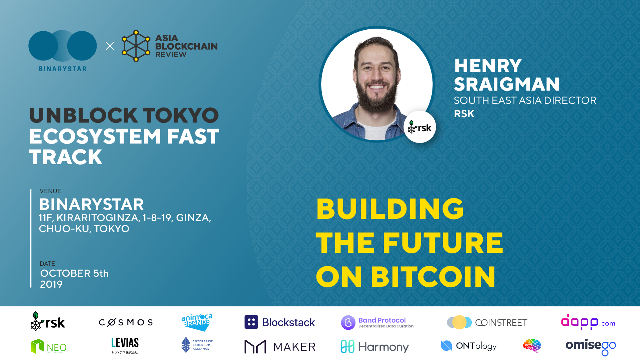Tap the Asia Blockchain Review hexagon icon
pos(136,46)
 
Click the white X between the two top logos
pos(110,46)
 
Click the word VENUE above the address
pos(50,191)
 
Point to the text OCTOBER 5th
pos(74,273)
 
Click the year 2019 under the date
pos(51,284)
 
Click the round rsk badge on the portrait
pos(420,127)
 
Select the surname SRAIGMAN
pos(507,84)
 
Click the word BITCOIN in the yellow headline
pos(433,277)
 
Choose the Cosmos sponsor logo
pos(126,322)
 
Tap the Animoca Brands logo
pos(197,322)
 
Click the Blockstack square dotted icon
pos(251,322)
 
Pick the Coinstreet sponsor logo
pos(487,322)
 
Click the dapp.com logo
pos(588,322)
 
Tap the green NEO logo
pos(49,347)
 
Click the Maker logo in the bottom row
pos(280,347)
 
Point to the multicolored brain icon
pos(532,346)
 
